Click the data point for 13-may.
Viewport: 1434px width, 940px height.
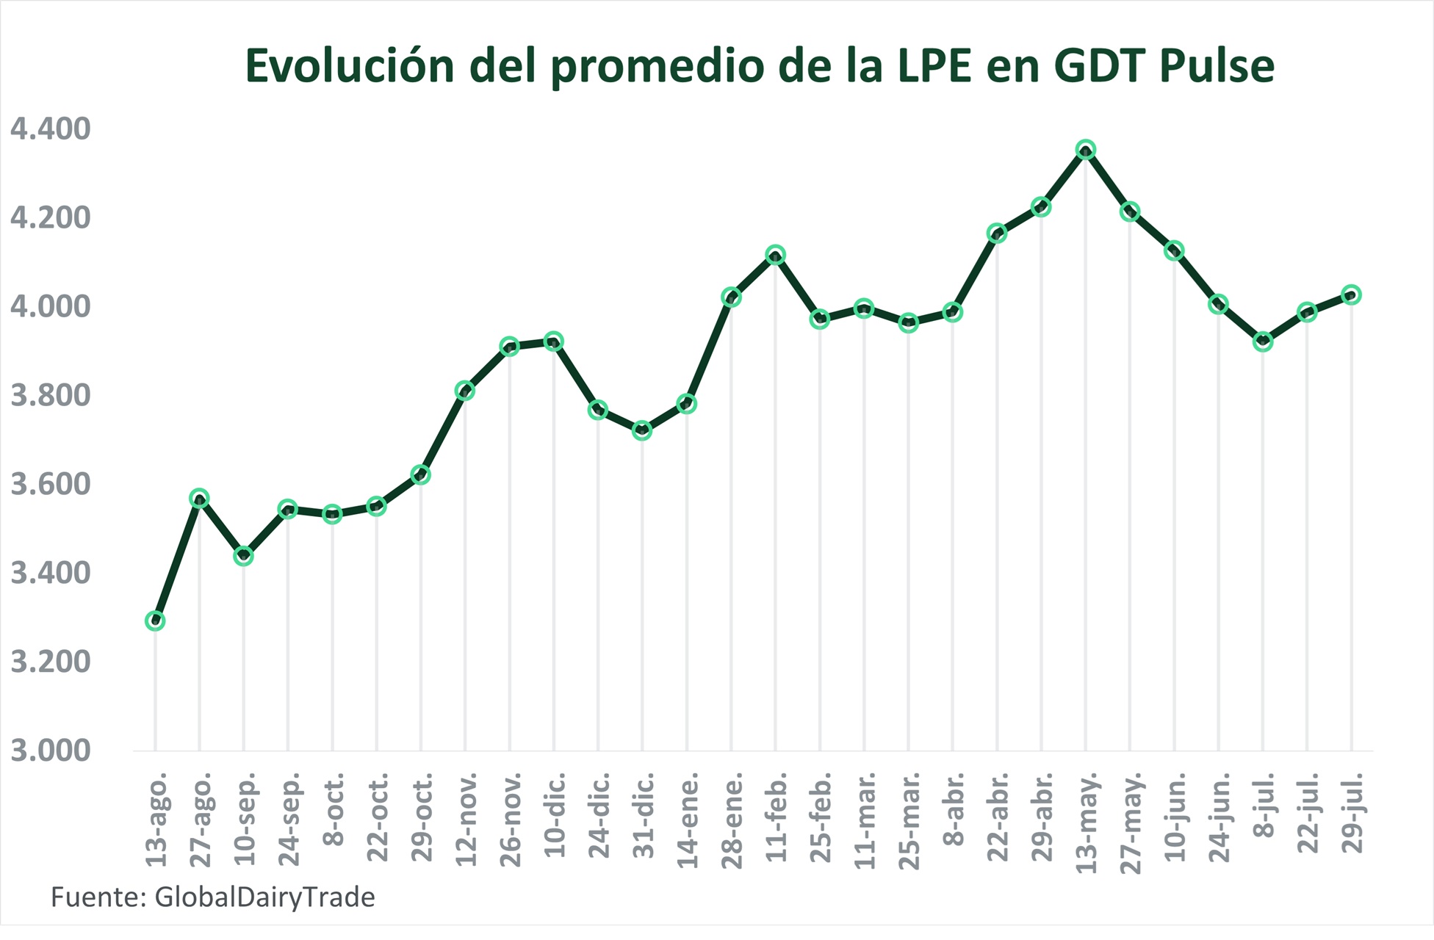1086,150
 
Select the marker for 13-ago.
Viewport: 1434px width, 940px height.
155,621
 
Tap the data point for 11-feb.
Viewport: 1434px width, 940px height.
775,255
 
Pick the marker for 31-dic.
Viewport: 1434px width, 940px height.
642,430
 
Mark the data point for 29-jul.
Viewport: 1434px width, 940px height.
1351,294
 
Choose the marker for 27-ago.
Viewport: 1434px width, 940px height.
199,499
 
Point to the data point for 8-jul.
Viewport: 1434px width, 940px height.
1263,341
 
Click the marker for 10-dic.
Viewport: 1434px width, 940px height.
554,341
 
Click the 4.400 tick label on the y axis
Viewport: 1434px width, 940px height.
50,129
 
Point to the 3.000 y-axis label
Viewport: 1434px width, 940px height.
50,751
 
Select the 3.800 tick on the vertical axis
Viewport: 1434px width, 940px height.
50,396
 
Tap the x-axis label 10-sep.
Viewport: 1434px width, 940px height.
245,818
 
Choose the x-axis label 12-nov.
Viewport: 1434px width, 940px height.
466,818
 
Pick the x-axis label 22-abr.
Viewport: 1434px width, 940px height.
997,817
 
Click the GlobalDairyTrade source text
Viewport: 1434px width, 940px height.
264,897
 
